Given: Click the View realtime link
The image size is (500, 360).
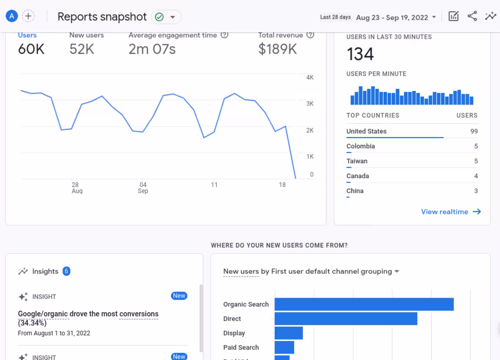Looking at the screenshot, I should click(x=450, y=212).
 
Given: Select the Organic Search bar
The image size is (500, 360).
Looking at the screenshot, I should click(x=364, y=305).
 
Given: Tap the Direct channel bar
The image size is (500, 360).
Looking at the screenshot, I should click(x=345, y=319).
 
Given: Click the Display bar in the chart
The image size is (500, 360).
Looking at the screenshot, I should click(x=289, y=333).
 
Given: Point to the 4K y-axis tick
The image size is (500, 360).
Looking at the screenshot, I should click(x=310, y=78).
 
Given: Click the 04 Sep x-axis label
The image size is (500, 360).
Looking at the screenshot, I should click(x=143, y=188).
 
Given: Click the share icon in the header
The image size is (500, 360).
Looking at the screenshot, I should click(x=472, y=17).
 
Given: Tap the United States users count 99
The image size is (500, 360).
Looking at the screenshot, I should click(x=474, y=131).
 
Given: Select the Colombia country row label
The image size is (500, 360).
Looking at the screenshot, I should click(x=360, y=146).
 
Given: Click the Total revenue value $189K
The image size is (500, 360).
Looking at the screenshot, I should click(x=277, y=49).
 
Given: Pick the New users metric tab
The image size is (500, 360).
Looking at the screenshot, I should click(x=86, y=35).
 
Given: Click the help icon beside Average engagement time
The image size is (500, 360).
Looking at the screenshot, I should click(x=225, y=35).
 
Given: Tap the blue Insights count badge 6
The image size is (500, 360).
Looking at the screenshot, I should click(x=66, y=271).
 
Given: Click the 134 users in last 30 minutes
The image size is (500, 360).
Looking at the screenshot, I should click(x=360, y=55).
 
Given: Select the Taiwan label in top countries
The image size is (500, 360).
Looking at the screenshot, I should click(x=357, y=161).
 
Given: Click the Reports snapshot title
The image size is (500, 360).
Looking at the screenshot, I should click(x=102, y=17).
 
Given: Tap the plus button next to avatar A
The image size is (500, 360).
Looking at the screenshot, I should click(x=28, y=16).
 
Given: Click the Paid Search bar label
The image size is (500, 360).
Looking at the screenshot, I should click(x=241, y=348).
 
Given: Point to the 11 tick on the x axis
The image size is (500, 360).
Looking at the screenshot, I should click(x=214, y=185).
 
